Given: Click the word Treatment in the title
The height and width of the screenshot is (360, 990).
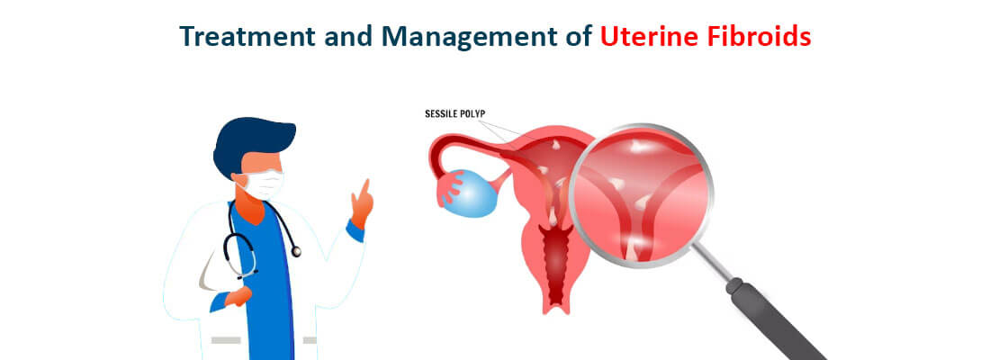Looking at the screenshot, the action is point(247,37).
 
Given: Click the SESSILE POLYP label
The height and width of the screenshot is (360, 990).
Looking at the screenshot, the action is point(454,114).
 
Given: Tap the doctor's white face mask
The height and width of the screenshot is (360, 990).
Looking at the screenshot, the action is point(264,184).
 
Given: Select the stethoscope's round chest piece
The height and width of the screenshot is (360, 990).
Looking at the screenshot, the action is point(295,251).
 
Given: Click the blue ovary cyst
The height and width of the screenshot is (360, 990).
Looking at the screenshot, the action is point(471,193).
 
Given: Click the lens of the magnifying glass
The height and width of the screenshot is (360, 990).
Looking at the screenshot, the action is point(641,193).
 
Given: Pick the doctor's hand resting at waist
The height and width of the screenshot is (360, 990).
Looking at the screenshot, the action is point(238,295).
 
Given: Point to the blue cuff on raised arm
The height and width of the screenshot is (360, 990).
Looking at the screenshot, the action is point(355,229).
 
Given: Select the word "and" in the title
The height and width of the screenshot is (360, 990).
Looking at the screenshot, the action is point(348,37).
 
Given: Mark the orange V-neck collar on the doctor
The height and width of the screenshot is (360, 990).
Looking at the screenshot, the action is point(253,206).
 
